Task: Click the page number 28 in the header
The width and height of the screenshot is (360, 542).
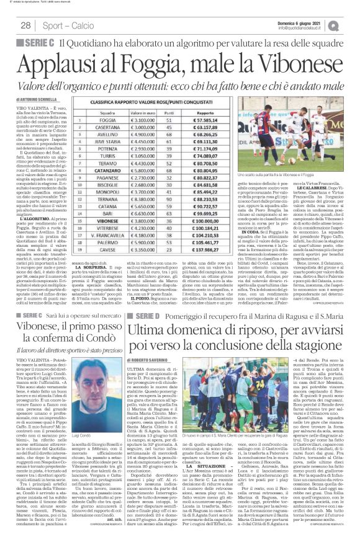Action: [26, 24]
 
